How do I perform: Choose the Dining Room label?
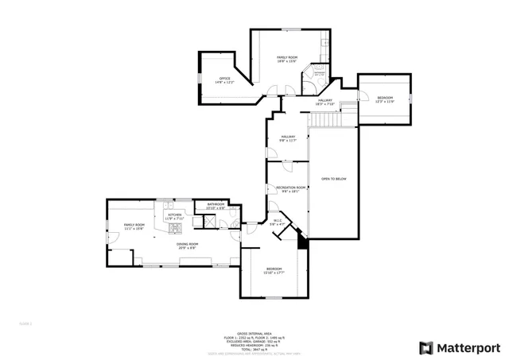(187, 246)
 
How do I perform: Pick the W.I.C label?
(278, 223)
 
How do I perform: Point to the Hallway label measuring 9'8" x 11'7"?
(288, 138)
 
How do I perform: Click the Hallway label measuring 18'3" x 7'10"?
(324, 102)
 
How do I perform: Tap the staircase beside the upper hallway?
(324, 118)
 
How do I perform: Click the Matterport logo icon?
(426, 347)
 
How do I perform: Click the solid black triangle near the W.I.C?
(303, 244)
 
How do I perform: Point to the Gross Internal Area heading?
(254, 334)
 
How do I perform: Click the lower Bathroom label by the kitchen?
(216, 206)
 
